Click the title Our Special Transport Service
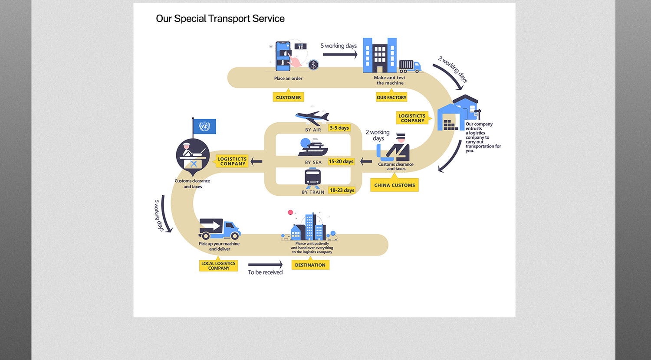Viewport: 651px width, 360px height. [220, 19]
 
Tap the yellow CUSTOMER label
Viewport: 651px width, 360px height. [288, 97]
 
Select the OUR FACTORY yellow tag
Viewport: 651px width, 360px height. [391, 97]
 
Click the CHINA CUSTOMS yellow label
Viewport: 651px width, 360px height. [395, 185]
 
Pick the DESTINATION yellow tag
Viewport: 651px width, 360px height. [310, 265]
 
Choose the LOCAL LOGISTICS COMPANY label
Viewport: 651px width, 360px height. [218, 265]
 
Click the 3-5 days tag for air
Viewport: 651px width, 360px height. [339, 128]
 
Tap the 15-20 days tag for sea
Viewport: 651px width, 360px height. [341, 161]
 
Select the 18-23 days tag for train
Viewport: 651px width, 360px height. [342, 190]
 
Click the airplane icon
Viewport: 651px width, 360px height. [312, 117]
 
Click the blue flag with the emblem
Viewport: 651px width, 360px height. [204, 126]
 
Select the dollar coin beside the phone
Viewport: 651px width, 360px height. [313, 65]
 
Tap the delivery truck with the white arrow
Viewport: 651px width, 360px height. [219, 229]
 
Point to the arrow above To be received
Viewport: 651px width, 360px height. [265, 264]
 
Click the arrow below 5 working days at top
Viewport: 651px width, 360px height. [340, 55]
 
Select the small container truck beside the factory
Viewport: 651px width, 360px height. [410, 66]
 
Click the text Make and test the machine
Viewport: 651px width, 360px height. [390, 80]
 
